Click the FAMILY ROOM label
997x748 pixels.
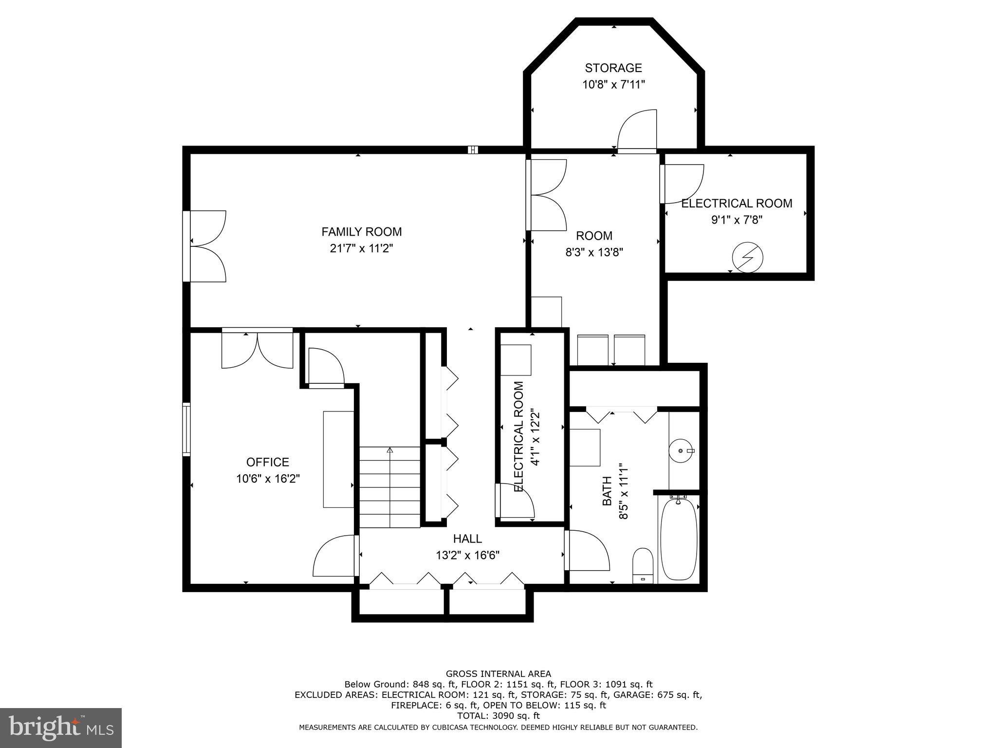361,232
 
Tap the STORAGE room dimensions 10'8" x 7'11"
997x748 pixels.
613,85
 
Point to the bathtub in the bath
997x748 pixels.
678,538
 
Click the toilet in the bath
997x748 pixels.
643,565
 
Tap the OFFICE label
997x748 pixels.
268,462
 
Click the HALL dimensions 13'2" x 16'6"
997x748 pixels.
467,555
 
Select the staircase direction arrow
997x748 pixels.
389,451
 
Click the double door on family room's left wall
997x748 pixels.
207,246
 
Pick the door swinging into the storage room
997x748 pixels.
637,131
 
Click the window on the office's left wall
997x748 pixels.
186,429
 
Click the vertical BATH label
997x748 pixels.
607,491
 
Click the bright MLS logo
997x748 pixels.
61,728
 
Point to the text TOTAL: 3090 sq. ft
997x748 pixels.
498,716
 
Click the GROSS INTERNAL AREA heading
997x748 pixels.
498,673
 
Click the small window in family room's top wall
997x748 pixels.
473,150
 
